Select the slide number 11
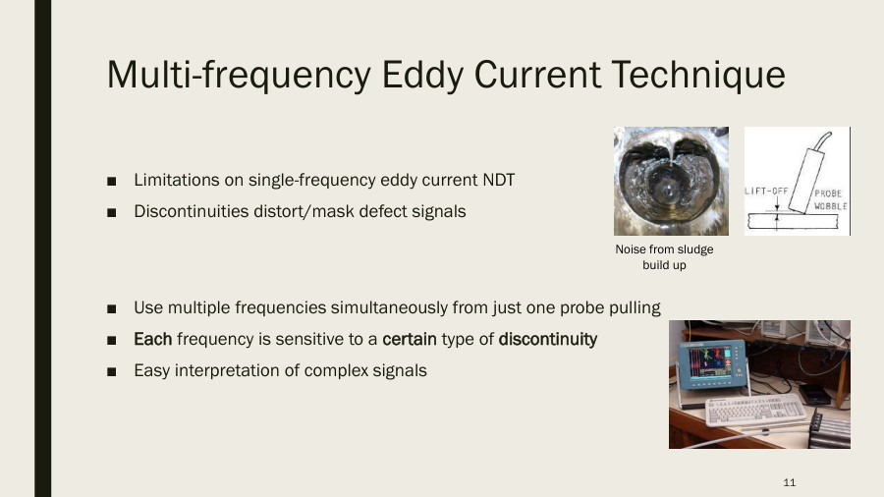(x=790, y=482)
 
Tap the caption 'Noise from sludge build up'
(x=664, y=257)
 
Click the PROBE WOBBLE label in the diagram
(x=830, y=200)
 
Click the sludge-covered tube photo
(x=671, y=181)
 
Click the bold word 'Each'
(x=152, y=339)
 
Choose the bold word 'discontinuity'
(x=547, y=339)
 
